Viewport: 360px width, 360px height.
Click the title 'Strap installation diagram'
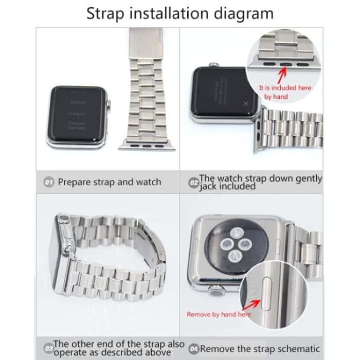tap(179, 13)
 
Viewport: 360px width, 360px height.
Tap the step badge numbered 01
tap(49, 182)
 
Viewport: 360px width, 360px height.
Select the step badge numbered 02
tap(193, 183)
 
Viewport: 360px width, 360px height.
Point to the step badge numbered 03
tap(47, 348)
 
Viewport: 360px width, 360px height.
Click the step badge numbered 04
tap(194, 349)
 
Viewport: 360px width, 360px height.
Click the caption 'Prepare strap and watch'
tap(109, 182)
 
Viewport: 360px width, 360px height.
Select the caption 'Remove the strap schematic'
tap(260, 349)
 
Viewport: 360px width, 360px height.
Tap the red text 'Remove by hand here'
tap(218, 314)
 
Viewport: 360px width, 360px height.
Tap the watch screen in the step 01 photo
tap(77, 116)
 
